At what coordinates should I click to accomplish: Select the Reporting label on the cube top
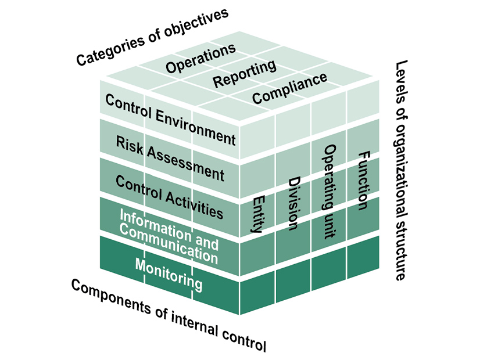click(x=244, y=74)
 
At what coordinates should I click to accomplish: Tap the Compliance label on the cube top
click(x=289, y=88)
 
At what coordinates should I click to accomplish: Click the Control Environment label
click(x=170, y=118)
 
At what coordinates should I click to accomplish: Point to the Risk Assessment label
click(x=170, y=157)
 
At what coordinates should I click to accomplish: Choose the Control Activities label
click(x=169, y=196)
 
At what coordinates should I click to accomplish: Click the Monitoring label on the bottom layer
click(x=169, y=274)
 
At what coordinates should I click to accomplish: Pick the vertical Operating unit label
click(x=329, y=192)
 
